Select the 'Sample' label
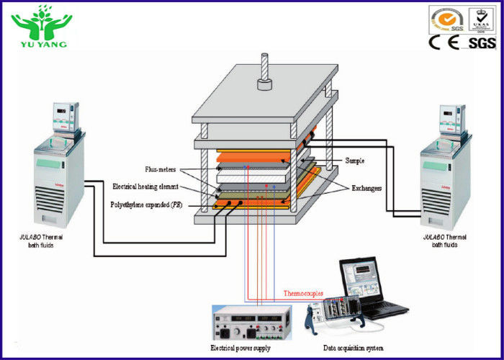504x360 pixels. (356, 160)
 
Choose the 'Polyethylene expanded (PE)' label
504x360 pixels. (146, 204)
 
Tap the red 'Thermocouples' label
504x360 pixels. (303, 294)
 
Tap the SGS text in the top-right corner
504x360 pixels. (482, 43)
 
